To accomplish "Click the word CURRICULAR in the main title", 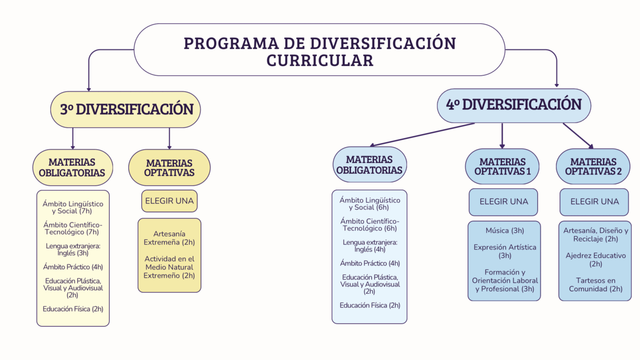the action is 319,60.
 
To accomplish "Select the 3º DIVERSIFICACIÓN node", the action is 125,109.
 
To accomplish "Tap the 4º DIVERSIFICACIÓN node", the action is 513,105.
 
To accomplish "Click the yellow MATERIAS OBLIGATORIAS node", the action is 72,167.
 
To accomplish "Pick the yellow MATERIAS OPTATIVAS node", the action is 169,167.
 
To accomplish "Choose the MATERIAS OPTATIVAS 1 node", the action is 502,166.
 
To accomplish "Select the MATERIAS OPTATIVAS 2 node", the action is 593,166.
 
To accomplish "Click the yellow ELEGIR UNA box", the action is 169,201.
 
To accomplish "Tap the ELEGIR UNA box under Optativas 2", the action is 594,201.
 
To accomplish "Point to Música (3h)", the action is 504,230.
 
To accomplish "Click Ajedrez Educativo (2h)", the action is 595,259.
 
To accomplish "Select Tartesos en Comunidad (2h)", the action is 595,284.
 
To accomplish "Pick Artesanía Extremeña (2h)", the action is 169,238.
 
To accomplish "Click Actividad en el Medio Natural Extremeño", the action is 169,267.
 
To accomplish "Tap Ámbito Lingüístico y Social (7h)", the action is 72,207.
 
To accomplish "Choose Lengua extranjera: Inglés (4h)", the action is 369,245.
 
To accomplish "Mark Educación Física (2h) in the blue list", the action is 369,305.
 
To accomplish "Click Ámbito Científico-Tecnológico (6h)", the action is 369,224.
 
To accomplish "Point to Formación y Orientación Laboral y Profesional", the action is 504,280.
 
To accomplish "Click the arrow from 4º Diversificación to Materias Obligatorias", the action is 422,134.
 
